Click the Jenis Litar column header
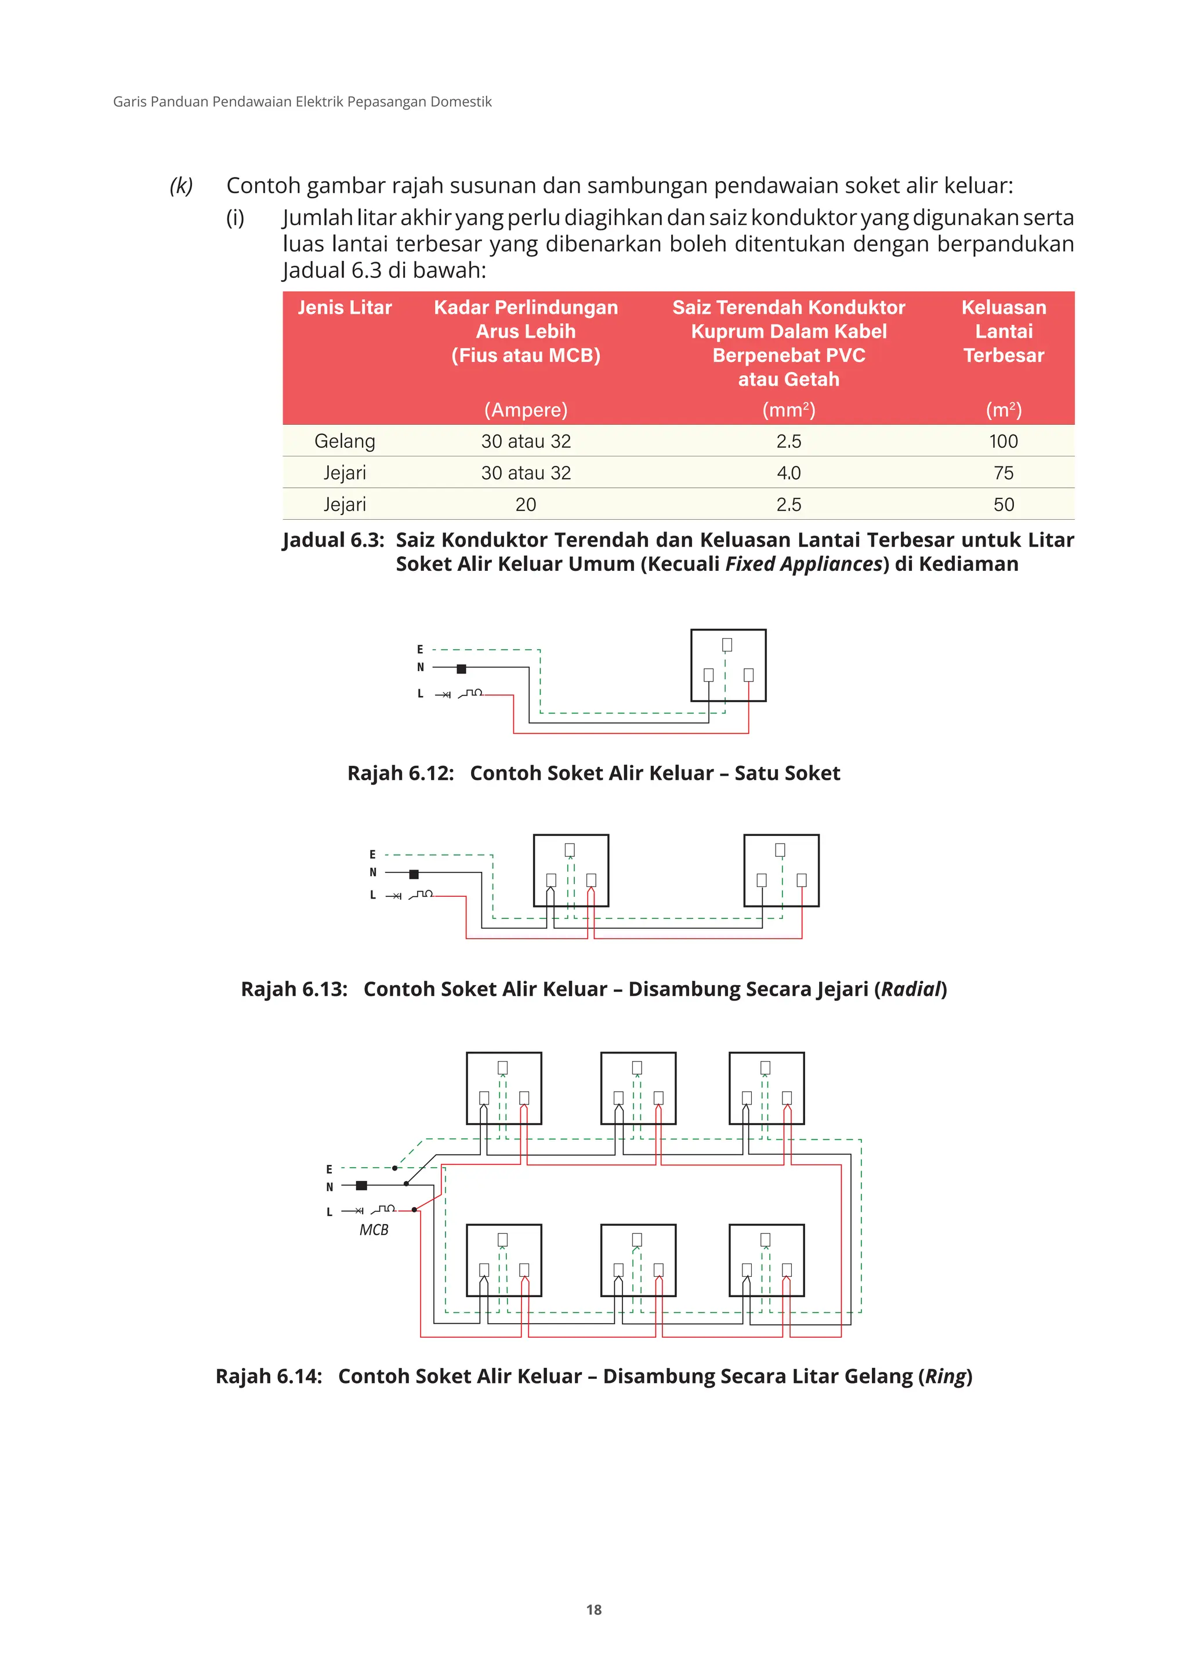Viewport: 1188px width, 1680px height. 345,307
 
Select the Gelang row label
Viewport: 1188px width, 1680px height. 345,441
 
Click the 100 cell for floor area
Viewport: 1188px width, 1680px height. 1003,441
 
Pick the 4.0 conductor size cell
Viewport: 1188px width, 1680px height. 788,473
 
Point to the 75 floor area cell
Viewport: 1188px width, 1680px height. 1003,473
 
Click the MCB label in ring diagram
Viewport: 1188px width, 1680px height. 374,1230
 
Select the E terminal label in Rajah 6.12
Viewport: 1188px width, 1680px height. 420,649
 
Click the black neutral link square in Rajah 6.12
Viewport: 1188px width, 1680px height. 461,669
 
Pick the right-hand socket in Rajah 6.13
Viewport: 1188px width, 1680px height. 781,870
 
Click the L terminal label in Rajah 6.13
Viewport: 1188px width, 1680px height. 372,895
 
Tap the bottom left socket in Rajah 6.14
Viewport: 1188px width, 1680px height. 504,1259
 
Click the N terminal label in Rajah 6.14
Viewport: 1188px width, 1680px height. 329,1187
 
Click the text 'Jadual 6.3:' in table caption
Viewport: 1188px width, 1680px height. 334,540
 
